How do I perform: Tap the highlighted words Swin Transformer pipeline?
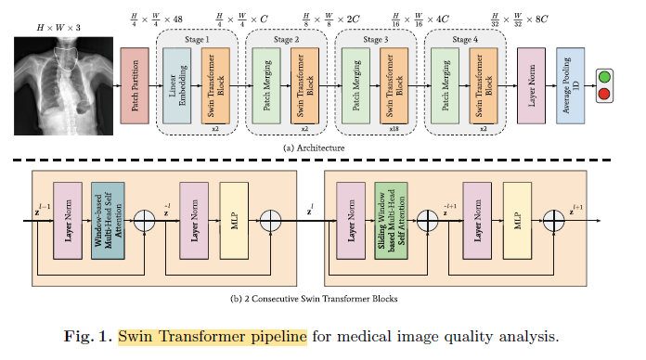tap(213, 336)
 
